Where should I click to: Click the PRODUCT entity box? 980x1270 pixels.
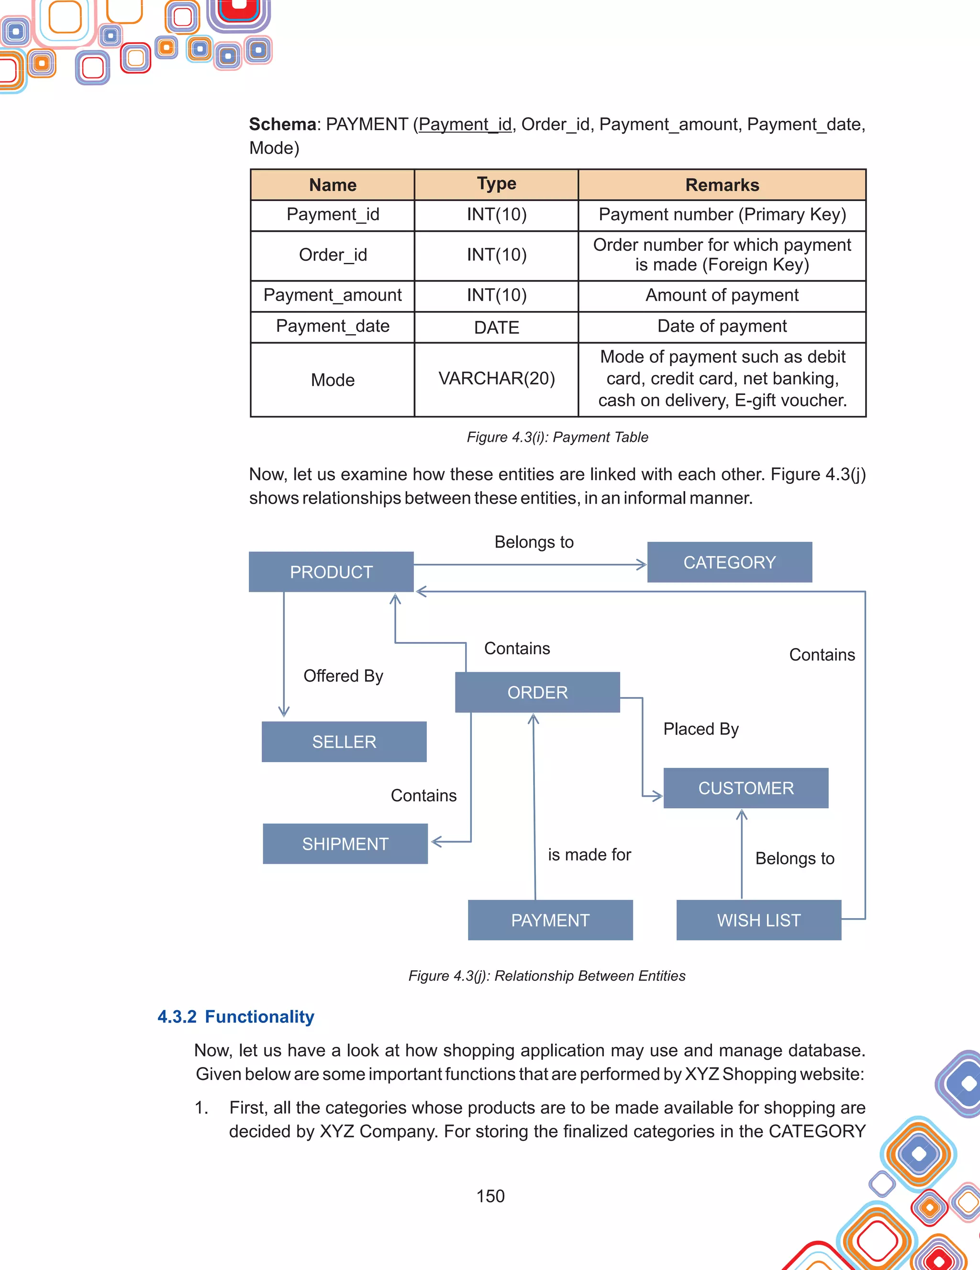[x=331, y=572]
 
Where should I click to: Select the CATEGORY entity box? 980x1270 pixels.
[x=729, y=562]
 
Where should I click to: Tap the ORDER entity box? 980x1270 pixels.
[x=537, y=692]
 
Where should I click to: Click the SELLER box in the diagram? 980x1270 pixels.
[x=344, y=742]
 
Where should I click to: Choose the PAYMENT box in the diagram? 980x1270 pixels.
[x=550, y=920]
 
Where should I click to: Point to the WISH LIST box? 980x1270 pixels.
[x=758, y=920]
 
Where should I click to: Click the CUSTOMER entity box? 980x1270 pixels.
[x=746, y=788]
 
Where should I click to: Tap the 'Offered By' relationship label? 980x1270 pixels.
[x=343, y=676]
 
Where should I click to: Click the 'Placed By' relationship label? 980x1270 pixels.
[x=701, y=729]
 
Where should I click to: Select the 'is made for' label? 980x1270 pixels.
[x=589, y=854]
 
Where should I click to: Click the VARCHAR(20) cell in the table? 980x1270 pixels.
[x=496, y=379]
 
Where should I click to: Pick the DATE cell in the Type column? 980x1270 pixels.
[x=496, y=327]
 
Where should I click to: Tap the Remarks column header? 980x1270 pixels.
[x=722, y=185]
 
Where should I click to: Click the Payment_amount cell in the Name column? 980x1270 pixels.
[x=333, y=295]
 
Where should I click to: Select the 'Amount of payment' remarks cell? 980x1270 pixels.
[x=722, y=295]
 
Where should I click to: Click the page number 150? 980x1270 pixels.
[x=490, y=1196]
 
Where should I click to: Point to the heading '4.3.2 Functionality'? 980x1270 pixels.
[x=235, y=1016]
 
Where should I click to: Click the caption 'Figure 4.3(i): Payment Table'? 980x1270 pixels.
[x=557, y=437]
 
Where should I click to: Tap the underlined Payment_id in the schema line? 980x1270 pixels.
[x=465, y=124]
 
